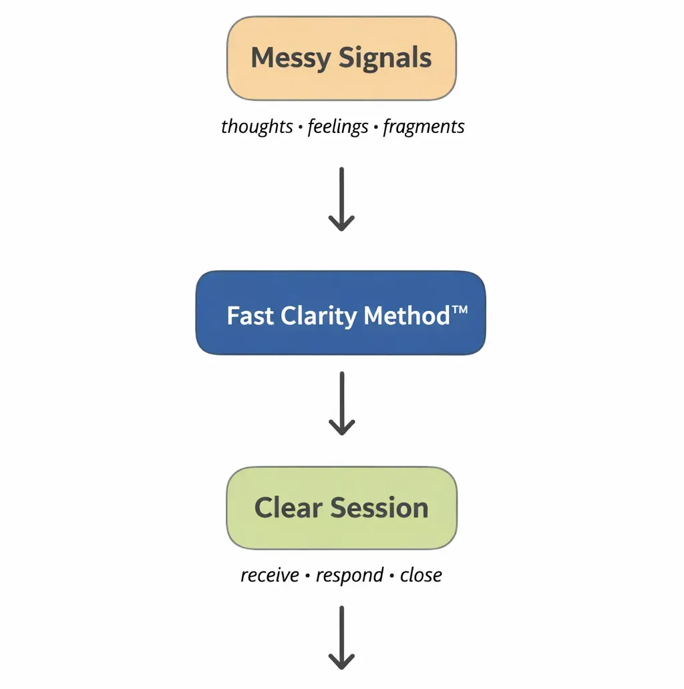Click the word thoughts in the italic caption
[256, 126]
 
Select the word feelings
[337, 126]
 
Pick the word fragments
[423, 126]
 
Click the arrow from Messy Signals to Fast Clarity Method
[341, 199]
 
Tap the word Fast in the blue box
[250, 315]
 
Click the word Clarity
[319, 315]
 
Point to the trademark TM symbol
[460, 310]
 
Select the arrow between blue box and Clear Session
[341, 403]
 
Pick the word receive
[270, 575]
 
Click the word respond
[349, 576]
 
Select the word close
[421, 575]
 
